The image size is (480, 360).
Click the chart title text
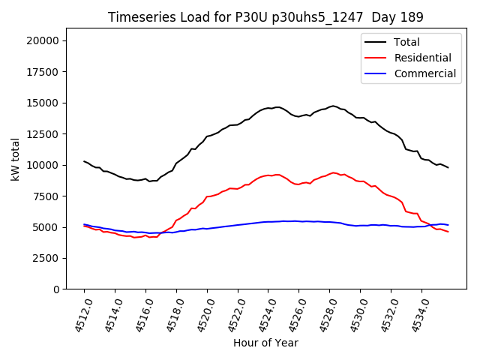[x=265, y=17]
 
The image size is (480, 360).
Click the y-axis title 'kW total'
[x=15, y=159]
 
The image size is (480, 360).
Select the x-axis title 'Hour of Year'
[x=265, y=343]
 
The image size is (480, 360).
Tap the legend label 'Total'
[x=407, y=42]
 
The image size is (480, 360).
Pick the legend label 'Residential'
[x=423, y=58]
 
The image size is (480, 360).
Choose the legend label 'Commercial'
[x=425, y=73]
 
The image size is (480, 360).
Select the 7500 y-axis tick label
[x=48, y=196]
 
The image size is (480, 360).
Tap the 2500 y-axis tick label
[x=48, y=258]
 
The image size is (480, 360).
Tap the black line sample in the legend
[x=376, y=42]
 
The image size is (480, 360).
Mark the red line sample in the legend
[x=376, y=58]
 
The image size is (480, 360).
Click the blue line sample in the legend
[x=376, y=73]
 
